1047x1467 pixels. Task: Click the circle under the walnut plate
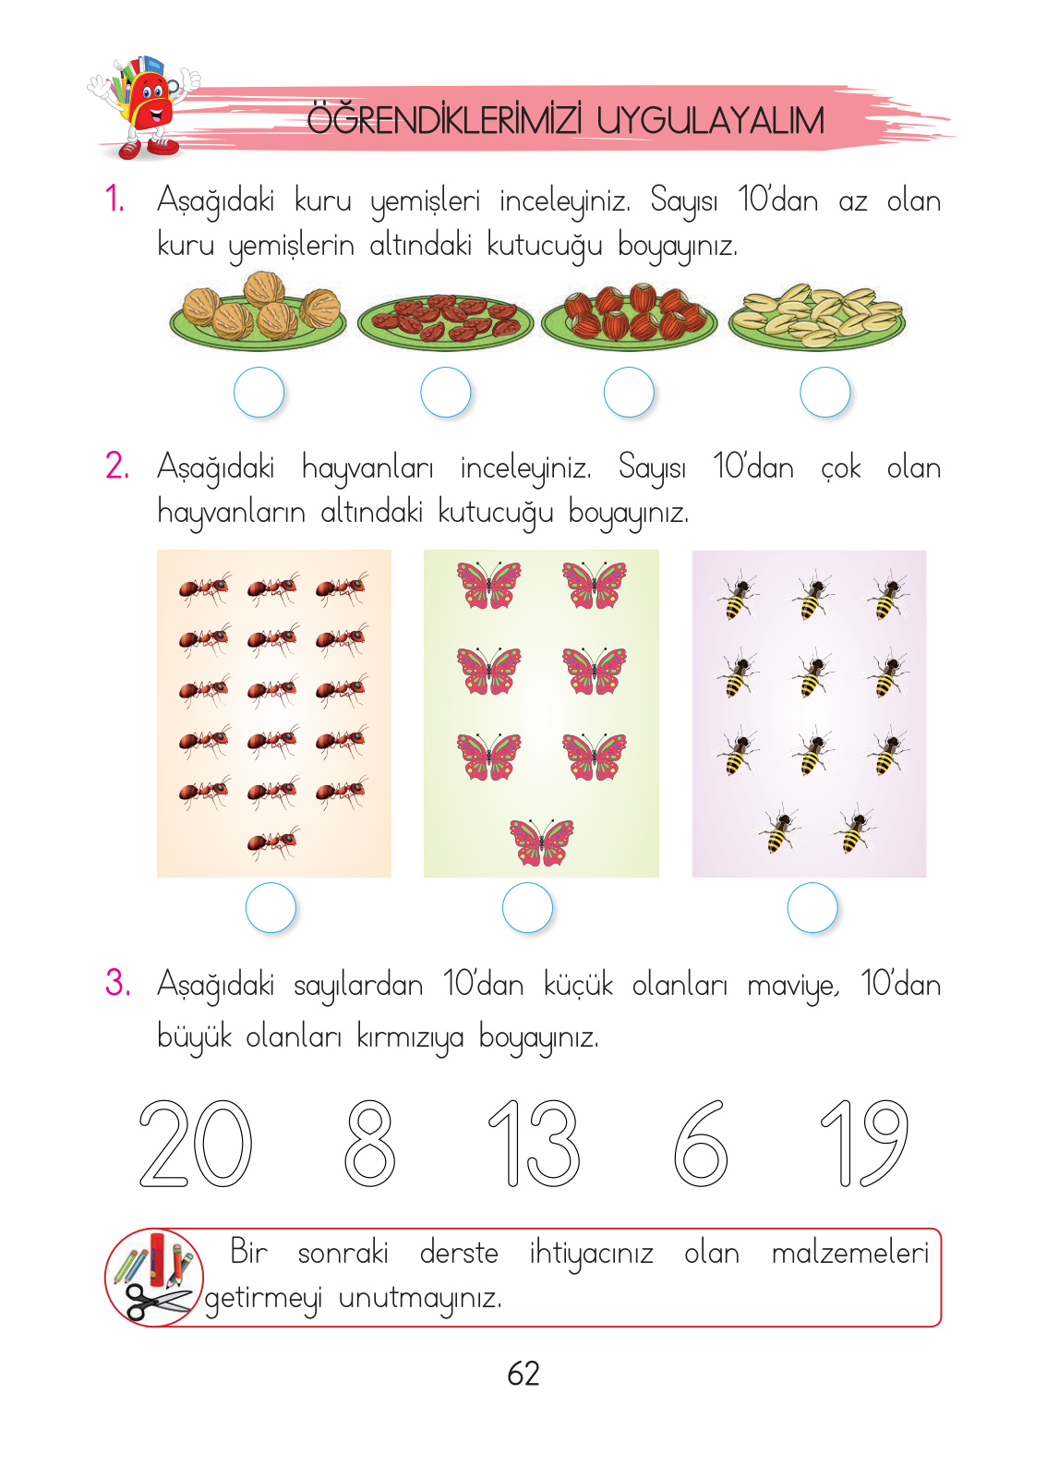pos(259,393)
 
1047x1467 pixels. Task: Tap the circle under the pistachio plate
pos(824,393)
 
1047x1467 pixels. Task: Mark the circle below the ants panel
pos(271,908)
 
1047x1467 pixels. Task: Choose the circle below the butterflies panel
pos(527,908)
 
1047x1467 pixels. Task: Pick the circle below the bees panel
pos(812,908)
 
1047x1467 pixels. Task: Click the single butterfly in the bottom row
pos(542,842)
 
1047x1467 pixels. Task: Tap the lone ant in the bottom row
pos(273,843)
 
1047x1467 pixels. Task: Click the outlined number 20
pos(196,1144)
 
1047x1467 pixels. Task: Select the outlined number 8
pos(370,1144)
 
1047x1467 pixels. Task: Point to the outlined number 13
pos(535,1144)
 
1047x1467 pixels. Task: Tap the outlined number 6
pos(701,1144)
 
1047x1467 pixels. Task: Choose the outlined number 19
pos(865,1144)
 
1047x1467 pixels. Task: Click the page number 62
pos(523,1374)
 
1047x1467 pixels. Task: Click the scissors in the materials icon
pos(157,1301)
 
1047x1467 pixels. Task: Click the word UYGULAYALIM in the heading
pos(709,121)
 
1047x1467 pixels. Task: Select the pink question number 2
pos(117,466)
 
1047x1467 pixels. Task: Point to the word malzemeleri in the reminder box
pos(849,1254)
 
